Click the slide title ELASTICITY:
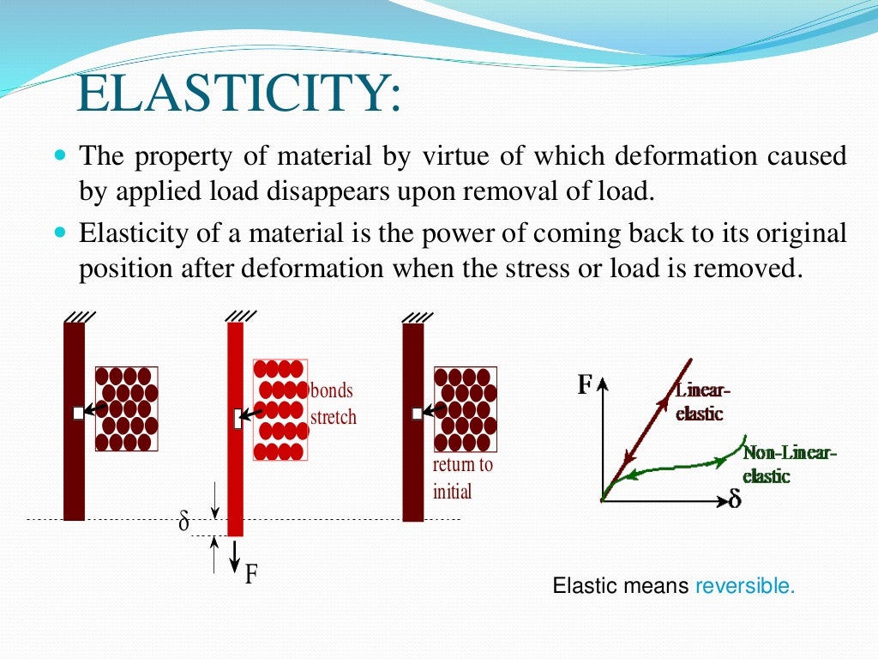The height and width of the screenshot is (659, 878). pyautogui.click(x=238, y=95)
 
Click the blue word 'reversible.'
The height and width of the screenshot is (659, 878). pyautogui.click(x=745, y=587)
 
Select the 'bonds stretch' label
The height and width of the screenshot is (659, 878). pyautogui.click(x=333, y=404)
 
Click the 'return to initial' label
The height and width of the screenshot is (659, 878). pyautogui.click(x=463, y=479)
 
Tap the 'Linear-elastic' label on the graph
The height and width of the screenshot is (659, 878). pyautogui.click(x=701, y=402)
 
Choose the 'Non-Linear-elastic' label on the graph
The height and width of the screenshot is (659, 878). pyautogui.click(x=787, y=464)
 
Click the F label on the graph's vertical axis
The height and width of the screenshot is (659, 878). pyautogui.click(x=585, y=385)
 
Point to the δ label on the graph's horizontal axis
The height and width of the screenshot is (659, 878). pyautogui.click(x=735, y=499)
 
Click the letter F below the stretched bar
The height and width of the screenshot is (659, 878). pyautogui.click(x=251, y=573)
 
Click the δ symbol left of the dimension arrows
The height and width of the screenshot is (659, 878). pyautogui.click(x=183, y=522)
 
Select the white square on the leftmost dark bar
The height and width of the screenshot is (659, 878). pyautogui.click(x=78, y=413)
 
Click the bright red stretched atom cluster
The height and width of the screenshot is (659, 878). pyautogui.click(x=280, y=410)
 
